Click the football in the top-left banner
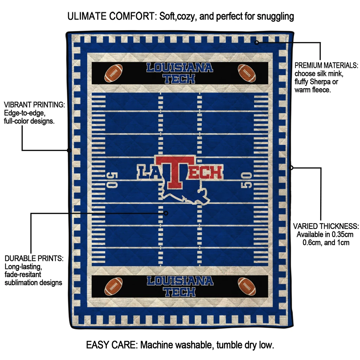[114, 73]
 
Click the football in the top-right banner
[247, 73]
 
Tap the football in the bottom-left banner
[114, 286]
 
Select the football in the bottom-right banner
[247, 286]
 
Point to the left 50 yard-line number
[112, 180]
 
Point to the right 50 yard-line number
[246, 180]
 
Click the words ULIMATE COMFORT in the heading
[112, 16]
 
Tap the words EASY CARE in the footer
[111, 345]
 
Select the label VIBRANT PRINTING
[34, 105]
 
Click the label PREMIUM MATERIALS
[326, 65]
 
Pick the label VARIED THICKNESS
[326, 226]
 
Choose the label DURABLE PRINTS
[34, 258]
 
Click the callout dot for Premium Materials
[257, 43]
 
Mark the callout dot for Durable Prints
[166, 213]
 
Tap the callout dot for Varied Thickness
[291, 168]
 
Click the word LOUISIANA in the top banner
[180, 68]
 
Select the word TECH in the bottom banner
[180, 292]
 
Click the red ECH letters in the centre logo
[205, 172]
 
